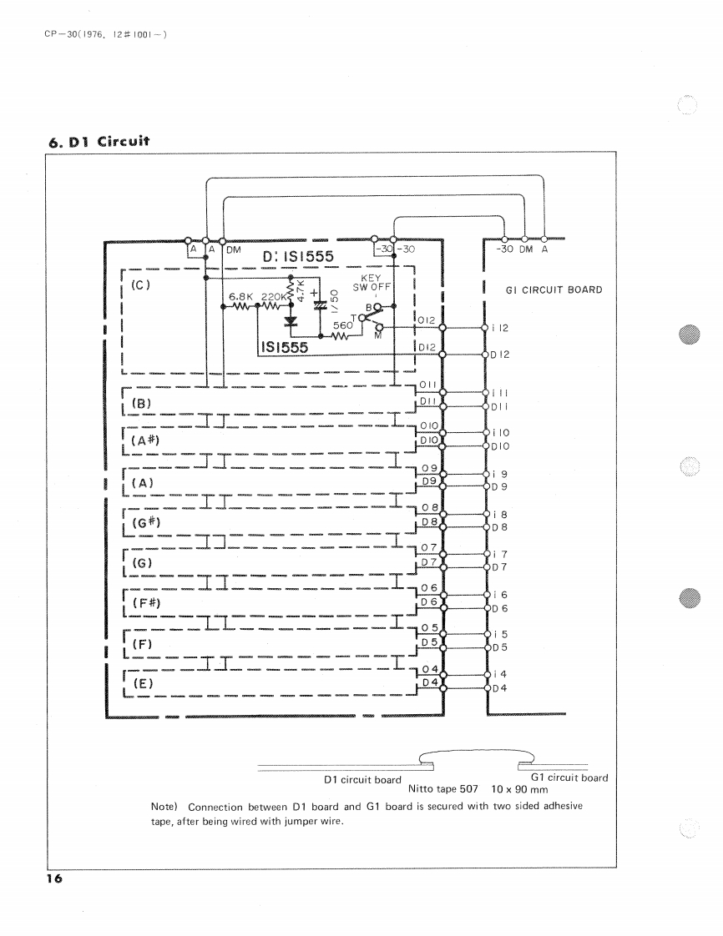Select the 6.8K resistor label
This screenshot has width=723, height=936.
coord(240,296)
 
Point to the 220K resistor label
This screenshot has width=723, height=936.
coord(274,296)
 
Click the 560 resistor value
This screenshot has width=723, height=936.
coord(343,326)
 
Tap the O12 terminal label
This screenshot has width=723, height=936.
coord(425,320)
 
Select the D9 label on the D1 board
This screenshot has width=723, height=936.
coord(430,481)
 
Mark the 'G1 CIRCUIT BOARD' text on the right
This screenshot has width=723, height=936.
coord(554,290)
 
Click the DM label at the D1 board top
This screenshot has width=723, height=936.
coord(233,249)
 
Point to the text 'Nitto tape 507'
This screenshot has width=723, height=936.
coord(442,788)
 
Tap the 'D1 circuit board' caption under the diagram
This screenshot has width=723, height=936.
coord(362,780)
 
